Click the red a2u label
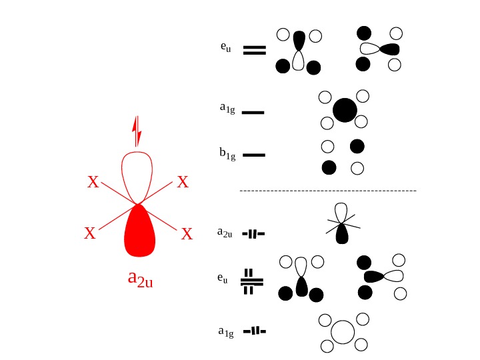tap(140, 279)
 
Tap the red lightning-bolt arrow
tap(137, 132)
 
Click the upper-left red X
tap(93, 182)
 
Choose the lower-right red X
tap(187, 234)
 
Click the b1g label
tap(227, 154)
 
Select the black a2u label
tap(225, 233)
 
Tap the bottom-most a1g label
tap(226, 331)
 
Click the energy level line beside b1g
tap(253, 155)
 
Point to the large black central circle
tap(345, 110)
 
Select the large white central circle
tap(343, 331)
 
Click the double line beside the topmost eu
tap(254, 50)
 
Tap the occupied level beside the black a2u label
tap(253, 233)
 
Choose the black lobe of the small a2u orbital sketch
tap(342, 233)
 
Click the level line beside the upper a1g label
tap(253, 113)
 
